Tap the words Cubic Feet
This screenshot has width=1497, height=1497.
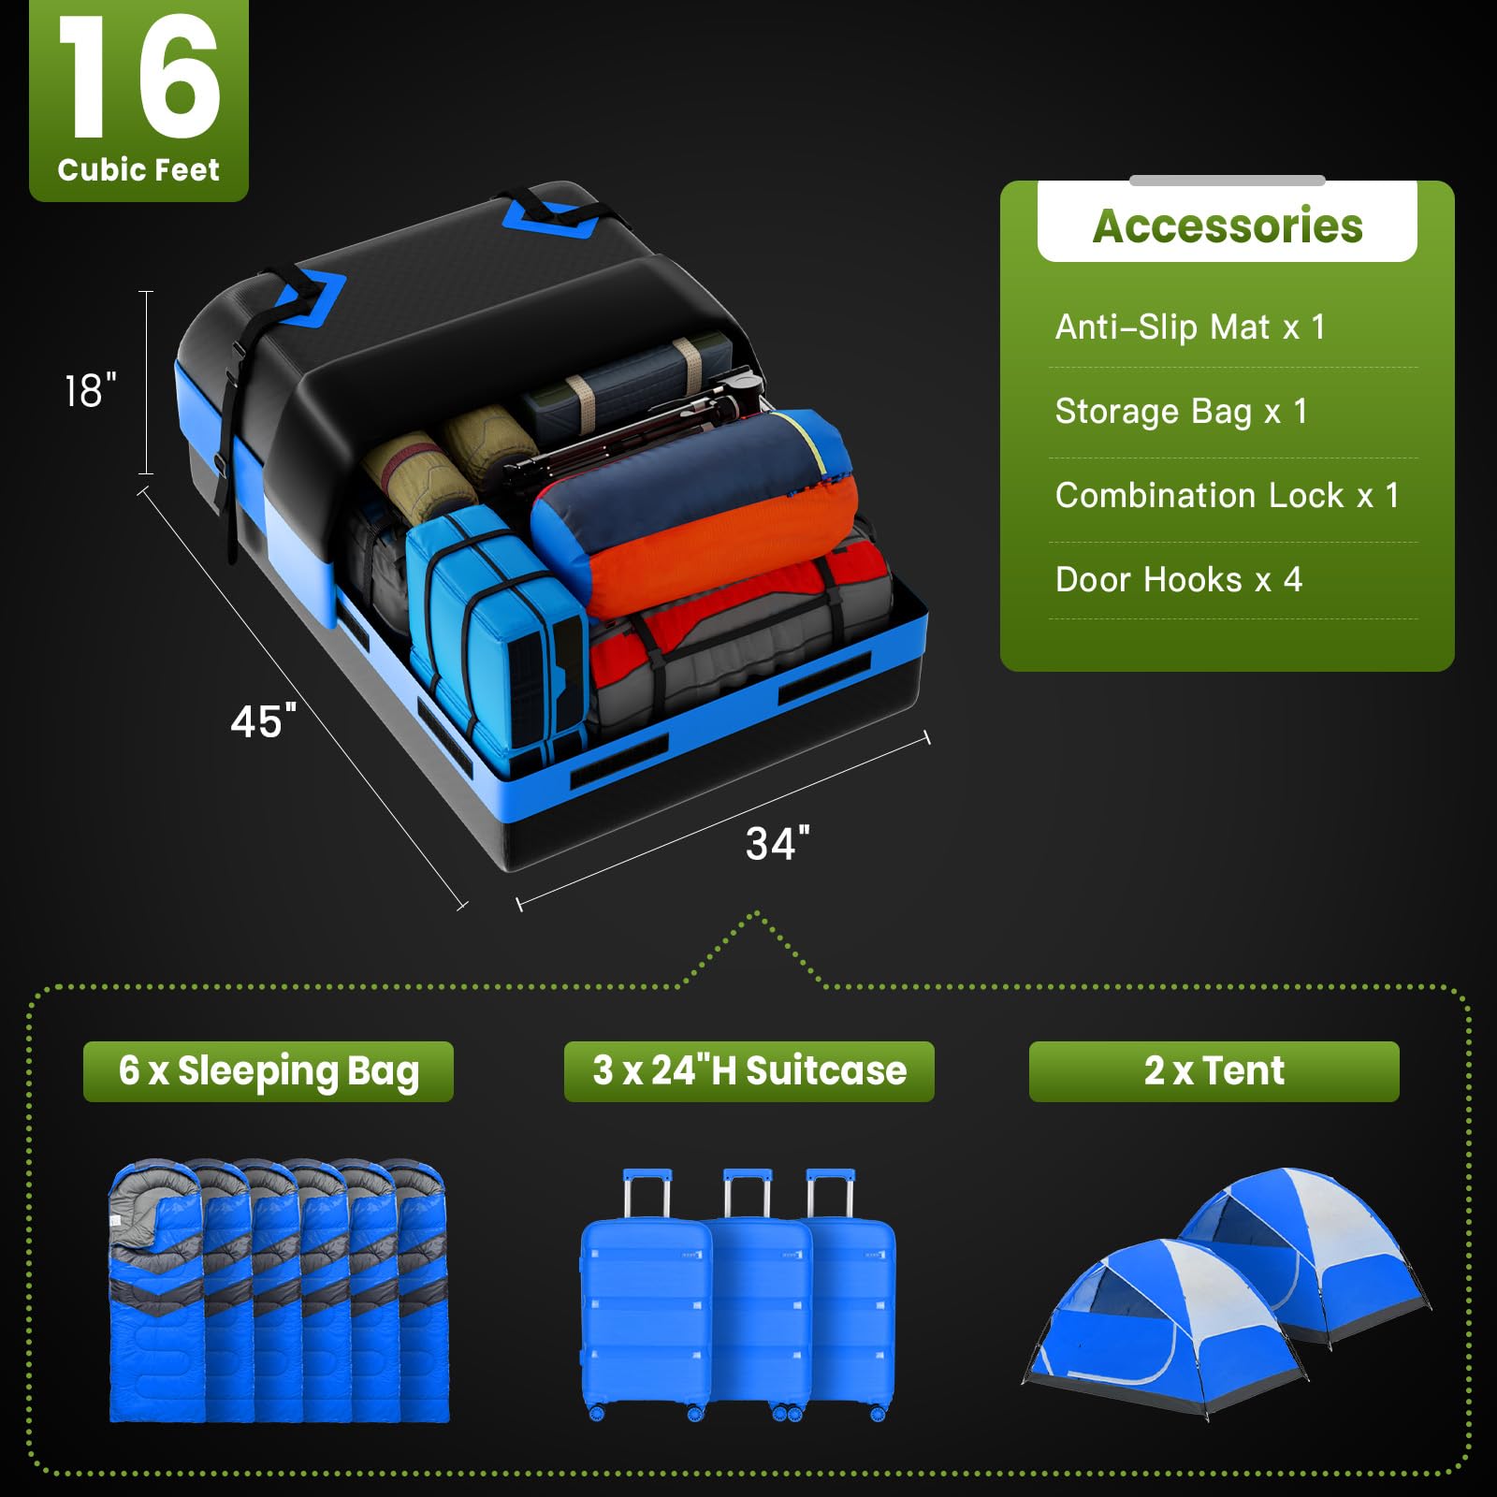click(x=138, y=170)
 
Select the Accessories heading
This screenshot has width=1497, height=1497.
click(x=1227, y=225)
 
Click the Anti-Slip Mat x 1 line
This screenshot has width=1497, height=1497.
click(x=1190, y=327)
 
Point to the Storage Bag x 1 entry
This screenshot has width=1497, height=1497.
click(x=1181, y=412)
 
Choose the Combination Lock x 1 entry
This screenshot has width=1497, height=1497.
click(x=1227, y=496)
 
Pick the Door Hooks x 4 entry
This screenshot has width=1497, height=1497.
click(x=1178, y=580)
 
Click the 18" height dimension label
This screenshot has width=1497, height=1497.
click(x=91, y=391)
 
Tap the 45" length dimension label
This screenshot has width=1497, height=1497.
click(x=263, y=721)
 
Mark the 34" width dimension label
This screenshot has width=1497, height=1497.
click(x=778, y=844)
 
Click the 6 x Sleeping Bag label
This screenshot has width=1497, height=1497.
click(x=269, y=1071)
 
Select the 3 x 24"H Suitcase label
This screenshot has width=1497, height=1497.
click(x=749, y=1071)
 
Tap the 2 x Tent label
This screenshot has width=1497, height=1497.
click(x=1214, y=1071)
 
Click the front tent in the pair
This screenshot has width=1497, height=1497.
click(x=1160, y=1329)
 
